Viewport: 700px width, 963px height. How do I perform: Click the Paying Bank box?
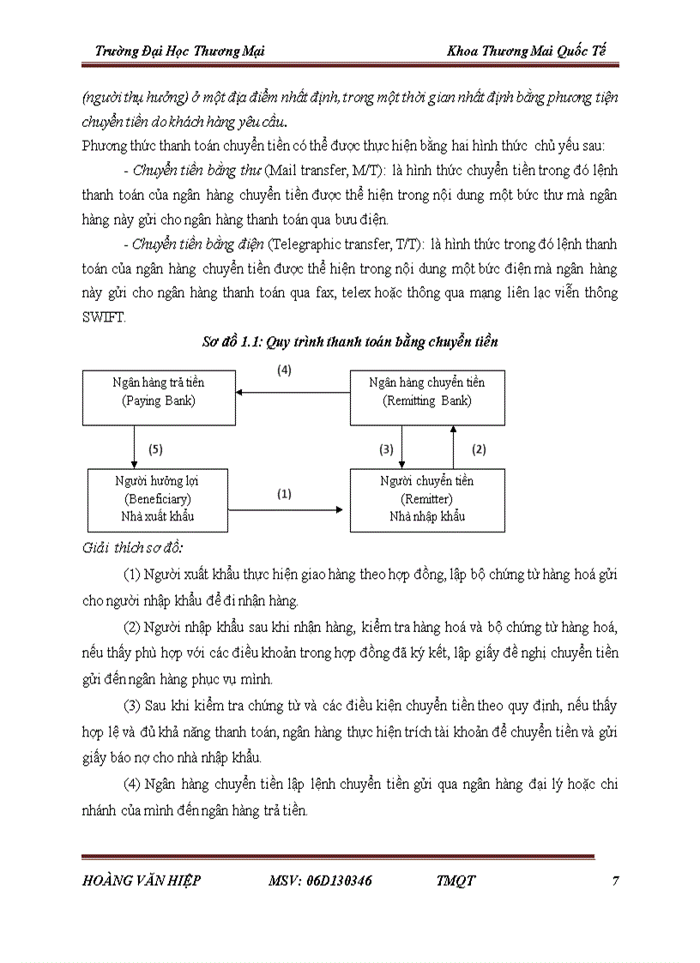(159, 397)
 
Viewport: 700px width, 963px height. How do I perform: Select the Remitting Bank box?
(427, 397)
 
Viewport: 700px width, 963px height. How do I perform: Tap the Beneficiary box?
(158, 499)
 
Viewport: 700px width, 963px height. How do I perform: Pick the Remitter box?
(426, 499)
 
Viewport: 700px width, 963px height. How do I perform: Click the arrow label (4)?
(284, 371)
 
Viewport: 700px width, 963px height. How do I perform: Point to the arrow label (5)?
(155, 448)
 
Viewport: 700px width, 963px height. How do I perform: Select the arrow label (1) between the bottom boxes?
(284, 494)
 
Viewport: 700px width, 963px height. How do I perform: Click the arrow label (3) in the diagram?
(386, 448)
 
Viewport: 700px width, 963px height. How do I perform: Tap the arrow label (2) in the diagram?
(480, 448)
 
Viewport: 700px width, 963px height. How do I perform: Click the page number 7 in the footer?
(616, 881)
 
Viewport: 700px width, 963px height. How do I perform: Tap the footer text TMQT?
(456, 881)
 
